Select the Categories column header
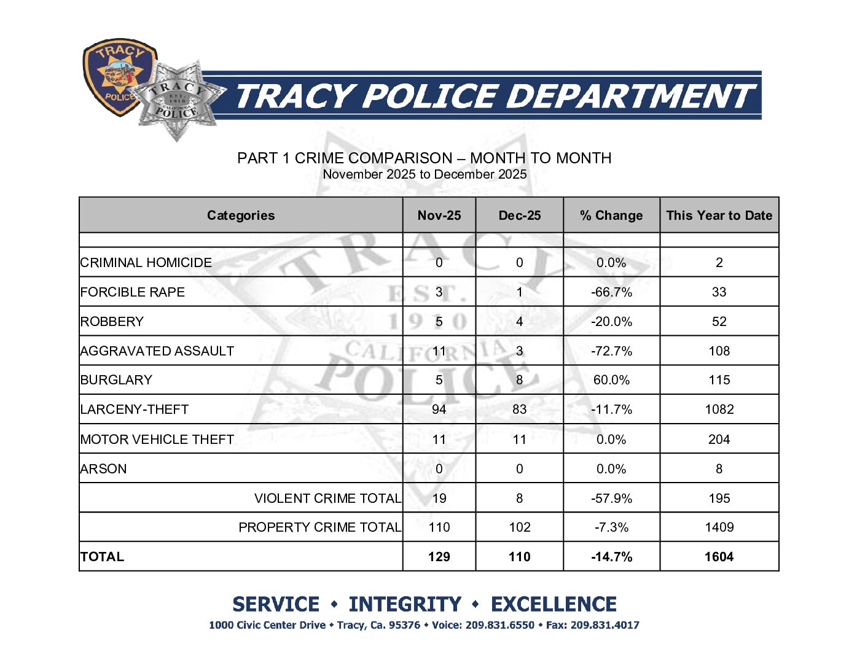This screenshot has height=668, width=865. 240,216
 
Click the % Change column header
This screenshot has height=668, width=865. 611,216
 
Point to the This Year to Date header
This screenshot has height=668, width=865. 719,216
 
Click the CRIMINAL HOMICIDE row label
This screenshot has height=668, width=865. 146,263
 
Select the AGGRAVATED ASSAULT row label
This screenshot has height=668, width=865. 157,351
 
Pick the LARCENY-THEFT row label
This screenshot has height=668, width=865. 135,410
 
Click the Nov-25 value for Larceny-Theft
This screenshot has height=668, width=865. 439,410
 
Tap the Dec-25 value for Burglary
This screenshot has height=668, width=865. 519,380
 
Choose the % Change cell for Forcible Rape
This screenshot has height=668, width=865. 611,292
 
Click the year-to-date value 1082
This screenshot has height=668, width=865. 719,410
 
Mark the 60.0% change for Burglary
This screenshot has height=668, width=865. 611,380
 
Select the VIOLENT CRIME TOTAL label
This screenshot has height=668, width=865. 327,499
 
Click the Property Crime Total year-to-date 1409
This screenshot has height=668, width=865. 719,527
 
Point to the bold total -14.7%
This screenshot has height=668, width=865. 611,557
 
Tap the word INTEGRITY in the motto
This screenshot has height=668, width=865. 404,605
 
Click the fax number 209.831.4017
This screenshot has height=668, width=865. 605,626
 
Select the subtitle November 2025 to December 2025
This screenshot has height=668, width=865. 425,174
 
